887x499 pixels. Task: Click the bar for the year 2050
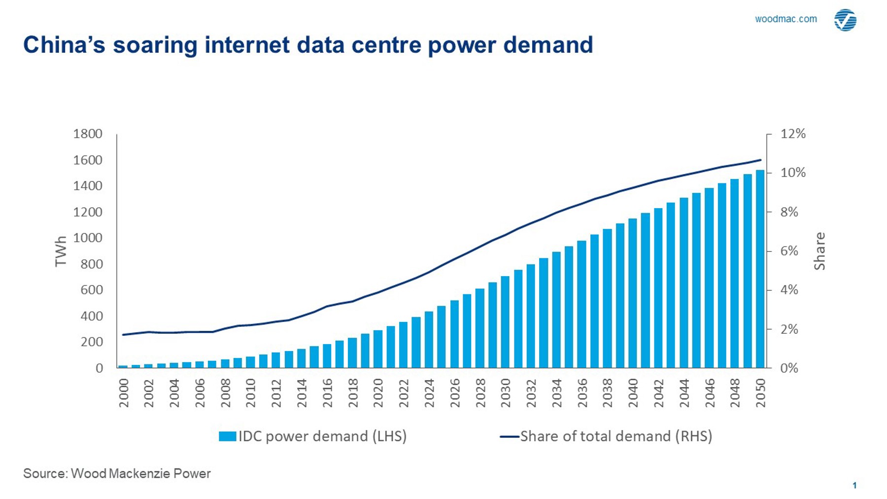[x=760, y=269]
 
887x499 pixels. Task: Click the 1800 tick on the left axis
[x=88, y=134]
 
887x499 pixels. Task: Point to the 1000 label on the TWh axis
[x=88, y=238]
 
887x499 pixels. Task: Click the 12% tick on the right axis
[x=793, y=134]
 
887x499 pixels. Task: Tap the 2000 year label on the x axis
[x=124, y=393]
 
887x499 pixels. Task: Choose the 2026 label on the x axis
[x=455, y=393]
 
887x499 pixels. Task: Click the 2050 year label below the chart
[x=760, y=393]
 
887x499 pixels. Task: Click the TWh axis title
[x=61, y=251]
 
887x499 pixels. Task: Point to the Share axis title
[x=819, y=251]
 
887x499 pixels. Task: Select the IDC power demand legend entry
[x=313, y=436]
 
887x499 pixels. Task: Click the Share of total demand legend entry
[x=606, y=436]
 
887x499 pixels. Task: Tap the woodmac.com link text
[x=785, y=19]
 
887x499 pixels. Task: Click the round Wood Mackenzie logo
[x=845, y=20]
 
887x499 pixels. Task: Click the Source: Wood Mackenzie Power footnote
[x=117, y=474]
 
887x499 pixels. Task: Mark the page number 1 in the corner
[x=854, y=486]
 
